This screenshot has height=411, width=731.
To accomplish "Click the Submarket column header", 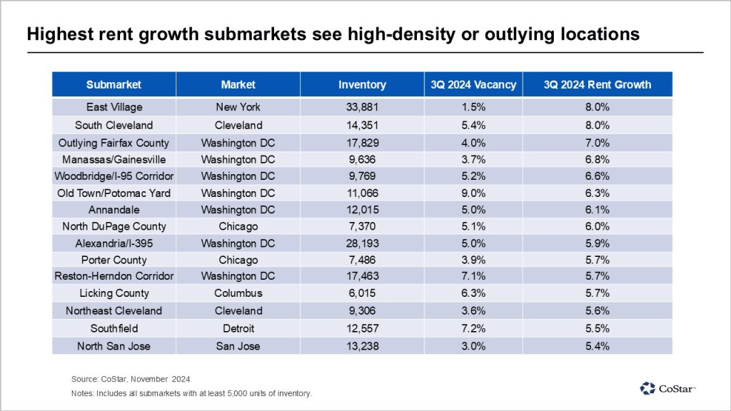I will pos(114,84).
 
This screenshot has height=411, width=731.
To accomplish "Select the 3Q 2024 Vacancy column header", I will pos(473,84).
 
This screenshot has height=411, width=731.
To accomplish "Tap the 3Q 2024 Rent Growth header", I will pos(597,84).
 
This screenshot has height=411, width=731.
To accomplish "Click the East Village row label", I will pos(114,107).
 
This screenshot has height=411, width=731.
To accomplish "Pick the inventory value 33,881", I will pos(362,107).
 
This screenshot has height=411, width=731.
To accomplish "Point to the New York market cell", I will pos(238,107).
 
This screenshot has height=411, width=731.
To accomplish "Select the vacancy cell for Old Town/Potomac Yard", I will pos(473,193).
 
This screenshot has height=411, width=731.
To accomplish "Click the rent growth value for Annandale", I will pos(597,210).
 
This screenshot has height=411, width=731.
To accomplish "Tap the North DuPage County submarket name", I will pos(114,226).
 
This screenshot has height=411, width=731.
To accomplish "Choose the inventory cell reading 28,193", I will pos(362,243).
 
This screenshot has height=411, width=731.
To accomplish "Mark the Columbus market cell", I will pos(238,293).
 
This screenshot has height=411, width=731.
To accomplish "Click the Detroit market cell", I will pos(238,328).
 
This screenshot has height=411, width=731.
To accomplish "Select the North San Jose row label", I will pos(114,345).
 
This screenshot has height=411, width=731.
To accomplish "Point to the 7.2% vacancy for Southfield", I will pos(473,328).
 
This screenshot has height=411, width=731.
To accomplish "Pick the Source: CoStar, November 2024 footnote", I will pos(131,378).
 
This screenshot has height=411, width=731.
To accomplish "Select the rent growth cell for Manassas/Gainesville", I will pos(597,159).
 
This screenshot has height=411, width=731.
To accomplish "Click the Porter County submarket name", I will pos(114,260).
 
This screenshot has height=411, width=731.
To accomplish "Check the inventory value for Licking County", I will pos(362,293).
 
